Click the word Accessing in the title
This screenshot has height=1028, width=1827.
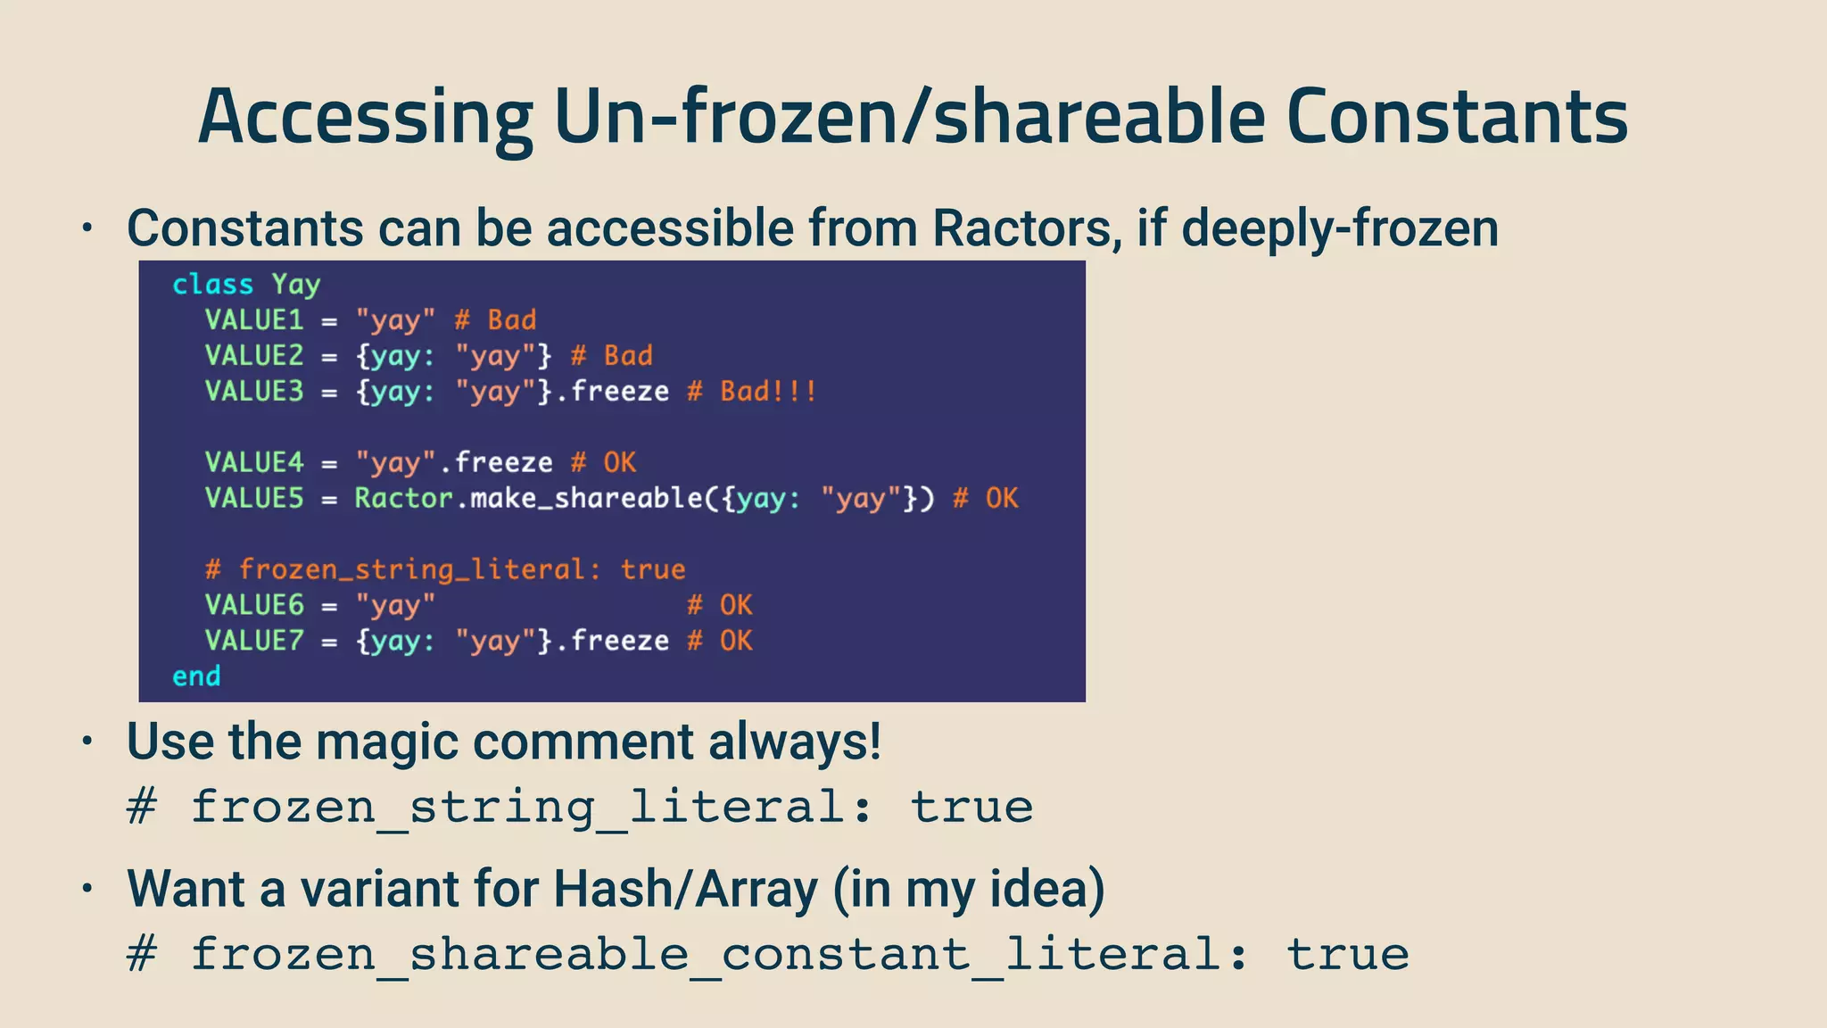pos(365,118)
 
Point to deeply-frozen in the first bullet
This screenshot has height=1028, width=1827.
pos(1340,228)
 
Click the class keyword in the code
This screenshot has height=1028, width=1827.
pos(212,285)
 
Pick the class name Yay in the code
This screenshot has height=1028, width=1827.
pos(295,285)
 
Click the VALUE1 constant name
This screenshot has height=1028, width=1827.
pos(254,320)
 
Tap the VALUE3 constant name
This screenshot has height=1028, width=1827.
pos(254,392)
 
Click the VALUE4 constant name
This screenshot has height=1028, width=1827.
pos(254,463)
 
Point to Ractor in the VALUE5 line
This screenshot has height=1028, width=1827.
pos(403,498)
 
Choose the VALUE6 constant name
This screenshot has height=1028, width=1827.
pos(254,605)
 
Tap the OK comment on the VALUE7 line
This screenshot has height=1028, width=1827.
pos(736,641)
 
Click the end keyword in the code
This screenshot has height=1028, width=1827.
pos(196,676)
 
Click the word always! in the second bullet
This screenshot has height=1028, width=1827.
pos(794,742)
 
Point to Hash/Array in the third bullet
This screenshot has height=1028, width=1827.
pos(685,890)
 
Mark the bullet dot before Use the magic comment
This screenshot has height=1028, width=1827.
pos(87,742)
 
